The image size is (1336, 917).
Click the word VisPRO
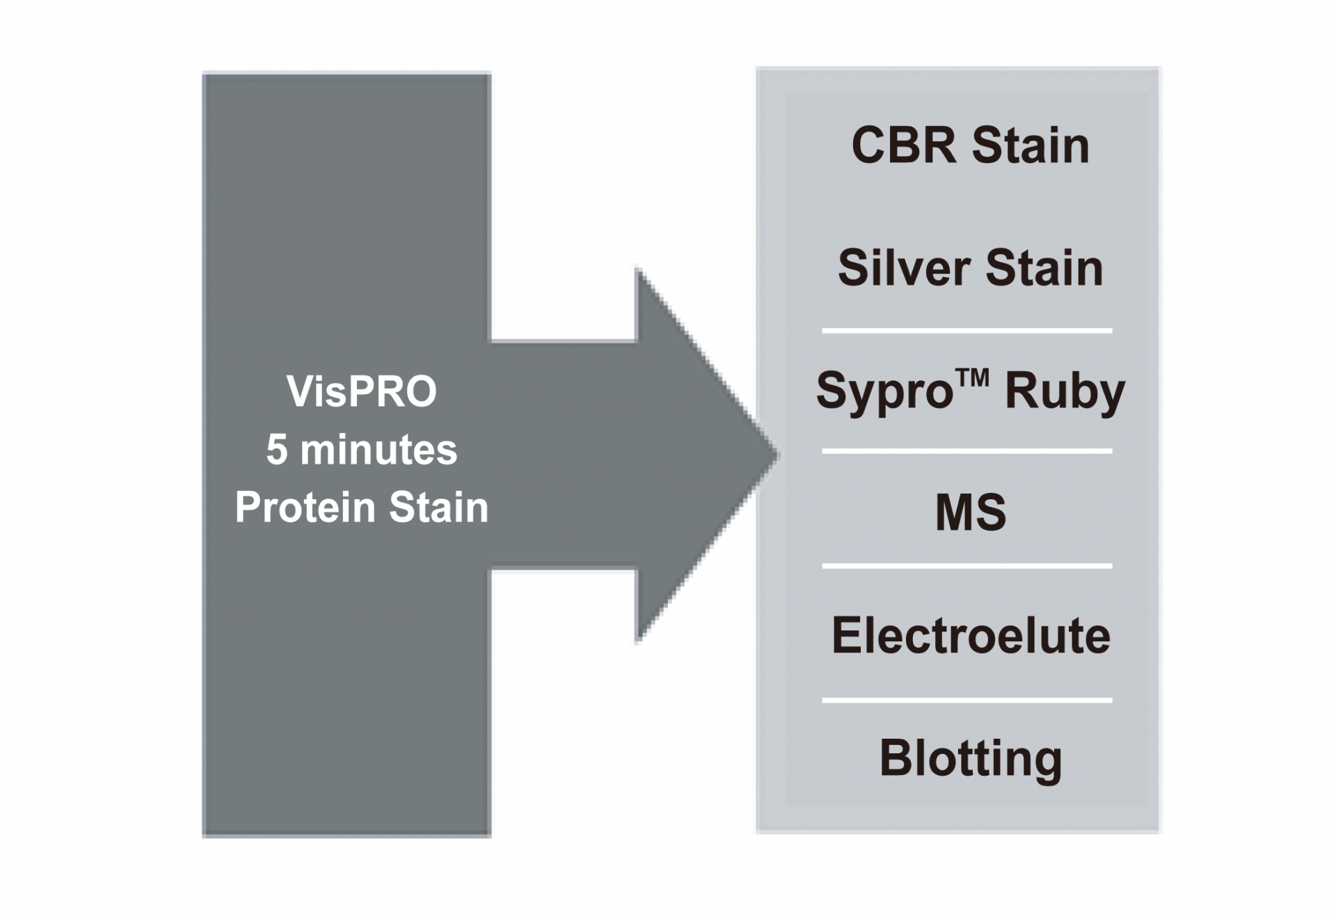point(361,391)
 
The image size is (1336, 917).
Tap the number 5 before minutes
point(276,449)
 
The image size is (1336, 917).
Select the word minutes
point(379,449)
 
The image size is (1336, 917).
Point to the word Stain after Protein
point(438,507)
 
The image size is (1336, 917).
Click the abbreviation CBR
point(904,146)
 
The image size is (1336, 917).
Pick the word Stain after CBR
point(1031,146)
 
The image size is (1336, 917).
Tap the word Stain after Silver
point(1044,268)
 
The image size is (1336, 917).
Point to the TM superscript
point(973,377)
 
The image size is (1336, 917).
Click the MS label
point(971,512)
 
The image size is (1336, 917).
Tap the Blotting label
point(971,760)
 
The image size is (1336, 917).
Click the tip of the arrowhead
point(779,455)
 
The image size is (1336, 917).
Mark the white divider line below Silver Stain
point(967,331)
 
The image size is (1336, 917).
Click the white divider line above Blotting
point(967,700)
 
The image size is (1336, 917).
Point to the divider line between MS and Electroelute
point(967,566)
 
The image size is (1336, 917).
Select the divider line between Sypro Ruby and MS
point(967,451)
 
